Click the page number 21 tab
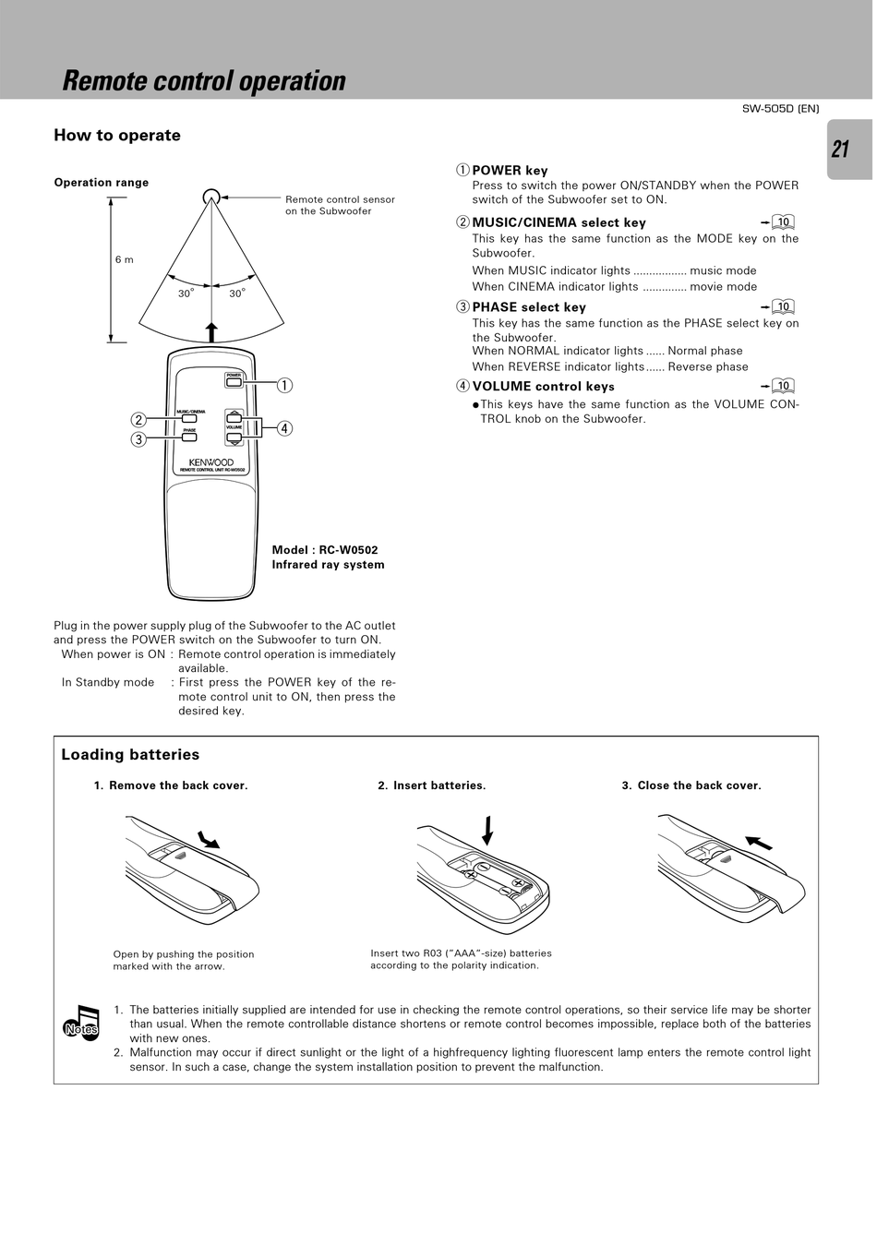[841, 150]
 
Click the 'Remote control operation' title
[204, 81]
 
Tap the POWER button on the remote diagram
[234, 381]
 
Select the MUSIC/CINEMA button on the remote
[189, 419]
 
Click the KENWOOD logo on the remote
[211, 462]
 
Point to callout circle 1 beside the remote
[284, 385]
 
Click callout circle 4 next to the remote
[284, 428]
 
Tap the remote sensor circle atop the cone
[211, 196]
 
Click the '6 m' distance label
[124, 259]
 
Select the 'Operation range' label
[102, 183]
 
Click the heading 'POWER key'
[510, 171]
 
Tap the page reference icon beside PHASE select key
[782, 307]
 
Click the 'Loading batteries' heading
[130, 755]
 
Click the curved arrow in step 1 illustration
[209, 838]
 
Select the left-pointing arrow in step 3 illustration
[759, 842]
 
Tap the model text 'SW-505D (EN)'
[780, 109]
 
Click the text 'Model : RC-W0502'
[325, 550]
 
